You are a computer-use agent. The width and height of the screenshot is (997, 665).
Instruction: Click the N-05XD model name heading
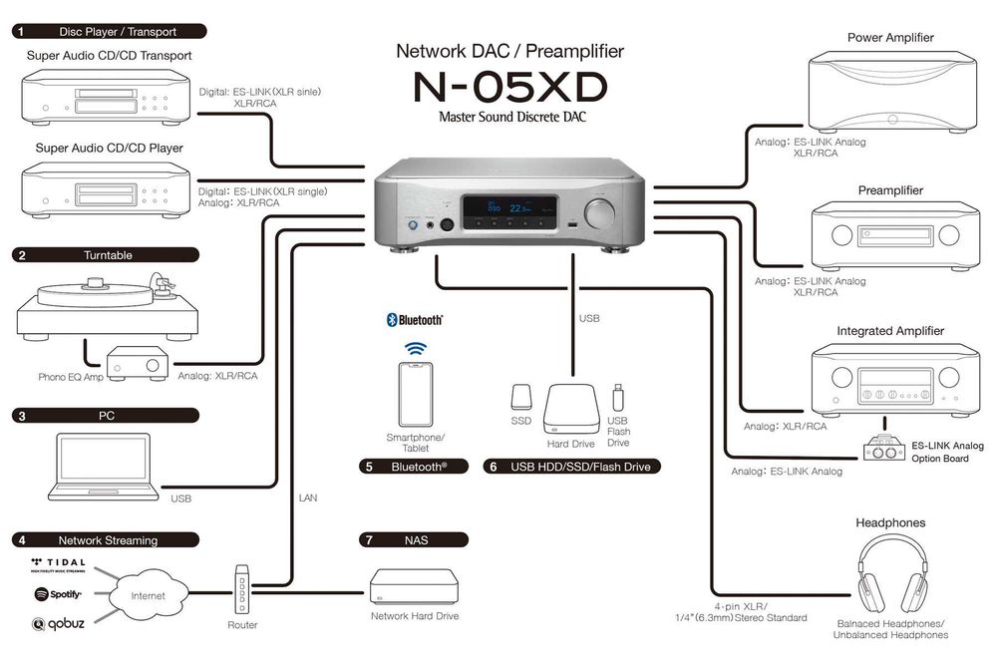pyautogui.click(x=509, y=88)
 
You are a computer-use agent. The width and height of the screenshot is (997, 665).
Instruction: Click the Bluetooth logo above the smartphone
pyautogui.click(x=414, y=320)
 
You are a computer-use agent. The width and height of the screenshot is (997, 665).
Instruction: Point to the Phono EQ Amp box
pyautogui.click(x=139, y=366)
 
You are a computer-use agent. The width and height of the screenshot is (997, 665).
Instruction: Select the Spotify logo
pyautogui.click(x=58, y=594)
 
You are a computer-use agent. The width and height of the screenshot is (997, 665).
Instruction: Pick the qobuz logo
pyautogui.click(x=58, y=624)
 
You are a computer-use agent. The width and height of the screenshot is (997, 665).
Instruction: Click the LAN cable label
pyautogui.click(x=308, y=496)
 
